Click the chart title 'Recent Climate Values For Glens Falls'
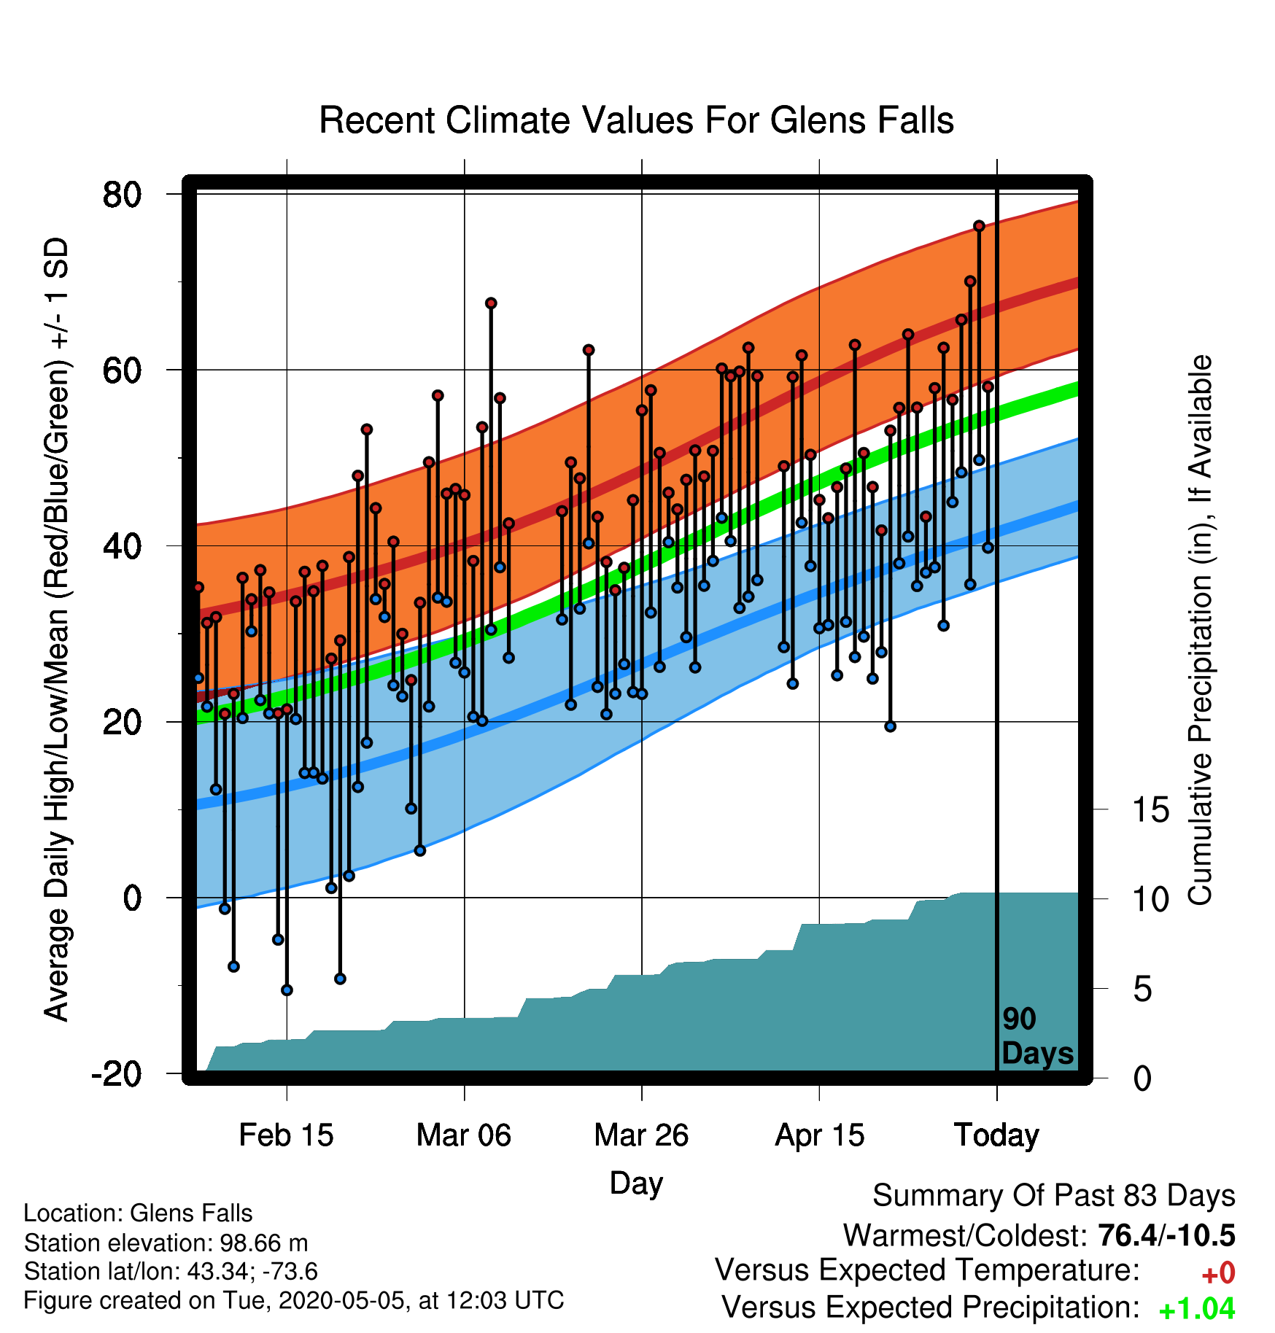click(x=637, y=120)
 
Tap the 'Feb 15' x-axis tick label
click(x=286, y=1135)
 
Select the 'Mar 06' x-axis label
click(x=464, y=1135)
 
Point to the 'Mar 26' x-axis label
click(x=641, y=1135)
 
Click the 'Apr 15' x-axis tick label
click(x=819, y=1135)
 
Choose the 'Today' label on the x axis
click(x=996, y=1135)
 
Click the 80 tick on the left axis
click(x=123, y=195)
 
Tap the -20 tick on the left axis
click(x=117, y=1074)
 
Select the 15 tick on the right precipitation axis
click(x=1151, y=810)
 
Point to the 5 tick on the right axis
click(x=1143, y=990)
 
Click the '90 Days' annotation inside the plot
click(x=1037, y=1036)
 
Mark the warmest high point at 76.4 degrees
click(x=979, y=226)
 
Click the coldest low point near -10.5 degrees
click(x=287, y=990)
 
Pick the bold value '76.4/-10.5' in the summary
click(x=1166, y=1236)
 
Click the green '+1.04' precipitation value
click(x=1197, y=1309)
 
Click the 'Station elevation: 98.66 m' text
click(x=166, y=1243)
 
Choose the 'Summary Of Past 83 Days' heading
click(x=1054, y=1197)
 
